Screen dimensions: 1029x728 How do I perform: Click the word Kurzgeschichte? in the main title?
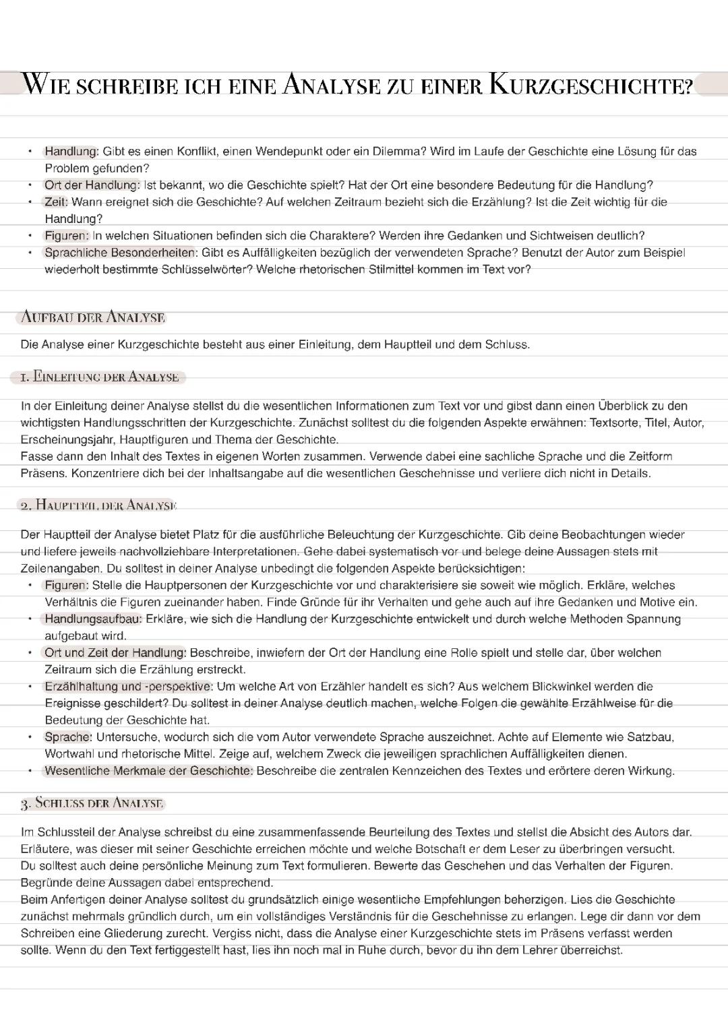tap(591, 86)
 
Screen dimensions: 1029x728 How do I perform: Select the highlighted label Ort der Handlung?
tap(92, 185)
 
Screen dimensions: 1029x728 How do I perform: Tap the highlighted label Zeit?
tap(56, 201)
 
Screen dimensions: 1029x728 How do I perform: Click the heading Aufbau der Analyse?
tap(93, 317)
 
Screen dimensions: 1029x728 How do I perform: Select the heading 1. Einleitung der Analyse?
tap(99, 377)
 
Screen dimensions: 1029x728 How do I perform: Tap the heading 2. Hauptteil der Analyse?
tap(98, 505)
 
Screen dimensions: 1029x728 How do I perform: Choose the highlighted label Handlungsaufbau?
tap(93, 619)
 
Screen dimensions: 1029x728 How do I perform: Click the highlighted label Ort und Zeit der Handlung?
tap(115, 652)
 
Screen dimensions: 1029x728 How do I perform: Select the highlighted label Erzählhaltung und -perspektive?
tap(128, 686)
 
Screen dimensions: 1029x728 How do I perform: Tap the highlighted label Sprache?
tap(68, 737)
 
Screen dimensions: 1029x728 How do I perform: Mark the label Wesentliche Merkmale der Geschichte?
tap(148, 771)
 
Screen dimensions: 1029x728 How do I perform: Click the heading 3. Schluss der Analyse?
tap(92, 803)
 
